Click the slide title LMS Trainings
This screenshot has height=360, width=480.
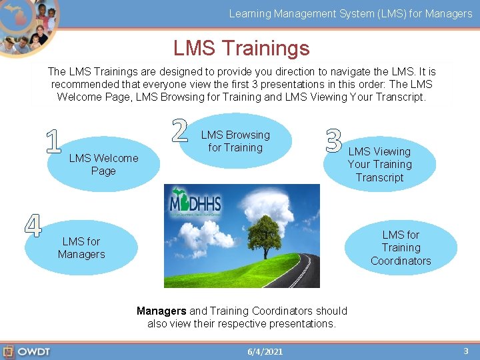241,48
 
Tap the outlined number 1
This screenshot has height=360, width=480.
54,141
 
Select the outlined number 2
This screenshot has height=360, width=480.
179,130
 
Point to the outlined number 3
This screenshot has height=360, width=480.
333,139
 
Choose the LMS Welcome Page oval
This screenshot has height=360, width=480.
103,165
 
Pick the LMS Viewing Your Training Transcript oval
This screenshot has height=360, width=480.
379,165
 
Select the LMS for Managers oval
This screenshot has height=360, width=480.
81,248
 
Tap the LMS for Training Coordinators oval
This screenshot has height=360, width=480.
401,248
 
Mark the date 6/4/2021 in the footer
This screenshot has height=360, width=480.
265,351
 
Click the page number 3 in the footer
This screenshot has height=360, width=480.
465,351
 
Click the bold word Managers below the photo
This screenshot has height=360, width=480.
161,311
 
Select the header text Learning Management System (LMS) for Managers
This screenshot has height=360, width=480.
350,13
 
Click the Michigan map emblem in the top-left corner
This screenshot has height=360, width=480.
16,15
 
